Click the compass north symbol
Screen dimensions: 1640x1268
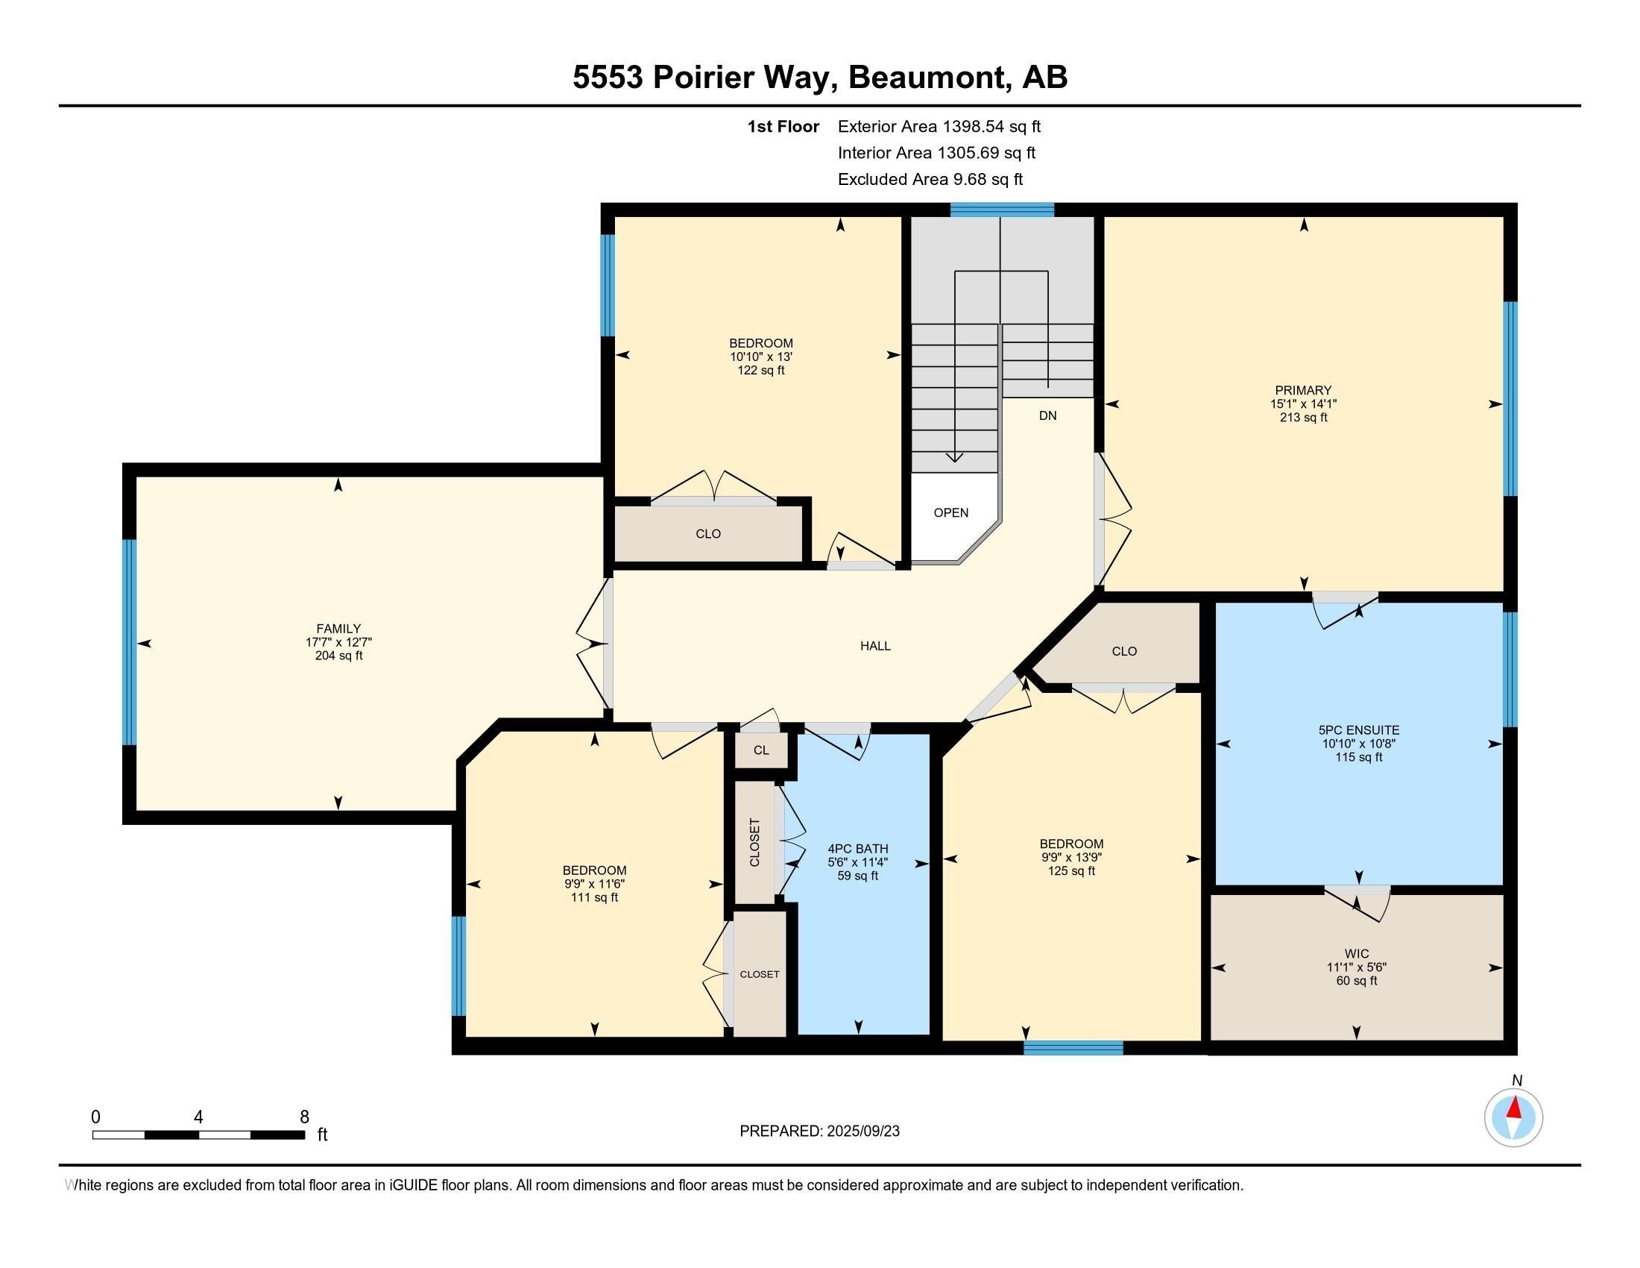pos(1513,1117)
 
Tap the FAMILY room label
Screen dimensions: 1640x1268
pos(338,629)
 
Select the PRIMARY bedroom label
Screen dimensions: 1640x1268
pos(1303,390)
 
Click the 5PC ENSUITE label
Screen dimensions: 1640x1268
pos(1358,729)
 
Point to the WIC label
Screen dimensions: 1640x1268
pos(1357,954)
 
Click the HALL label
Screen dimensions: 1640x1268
pos(876,646)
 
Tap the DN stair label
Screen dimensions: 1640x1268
pos(1047,415)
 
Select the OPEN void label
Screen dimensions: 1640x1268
pos(950,513)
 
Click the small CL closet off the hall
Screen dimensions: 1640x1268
pos(761,750)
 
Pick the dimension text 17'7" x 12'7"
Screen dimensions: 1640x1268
pos(338,642)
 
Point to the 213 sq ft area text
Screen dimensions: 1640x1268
pos(1304,417)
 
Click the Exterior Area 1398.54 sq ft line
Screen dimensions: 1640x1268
pos(939,126)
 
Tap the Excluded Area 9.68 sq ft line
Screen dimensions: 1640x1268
pos(930,179)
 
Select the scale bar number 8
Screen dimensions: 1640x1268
pos(304,1117)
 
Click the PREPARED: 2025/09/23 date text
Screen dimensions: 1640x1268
pos(819,1132)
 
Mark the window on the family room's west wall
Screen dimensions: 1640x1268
pos(129,642)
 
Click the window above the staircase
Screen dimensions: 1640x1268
pos(1003,210)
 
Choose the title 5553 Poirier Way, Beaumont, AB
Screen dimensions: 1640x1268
pos(820,78)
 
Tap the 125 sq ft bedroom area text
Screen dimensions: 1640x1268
pos(1071,870)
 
